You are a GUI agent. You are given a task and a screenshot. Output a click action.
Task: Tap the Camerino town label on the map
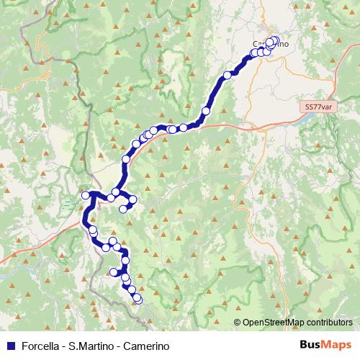coord(271,44)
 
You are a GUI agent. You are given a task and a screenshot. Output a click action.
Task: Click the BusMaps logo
coord(325,344)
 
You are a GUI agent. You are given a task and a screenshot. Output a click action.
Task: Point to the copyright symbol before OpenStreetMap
coord(237,323)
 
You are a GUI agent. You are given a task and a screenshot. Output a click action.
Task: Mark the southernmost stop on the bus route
coord(138,299)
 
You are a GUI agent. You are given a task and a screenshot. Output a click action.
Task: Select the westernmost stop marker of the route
coord(85,195)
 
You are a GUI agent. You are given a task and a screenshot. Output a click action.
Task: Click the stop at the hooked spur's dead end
coord(123,209)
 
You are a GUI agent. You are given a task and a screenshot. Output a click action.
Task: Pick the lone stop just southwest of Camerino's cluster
coord(228,74)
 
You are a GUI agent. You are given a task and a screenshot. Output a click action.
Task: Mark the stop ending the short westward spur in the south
coord(113,272)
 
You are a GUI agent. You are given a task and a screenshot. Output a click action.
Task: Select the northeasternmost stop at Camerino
coord(275,40)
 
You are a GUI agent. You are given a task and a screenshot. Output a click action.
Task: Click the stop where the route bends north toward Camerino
coord(206,111)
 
